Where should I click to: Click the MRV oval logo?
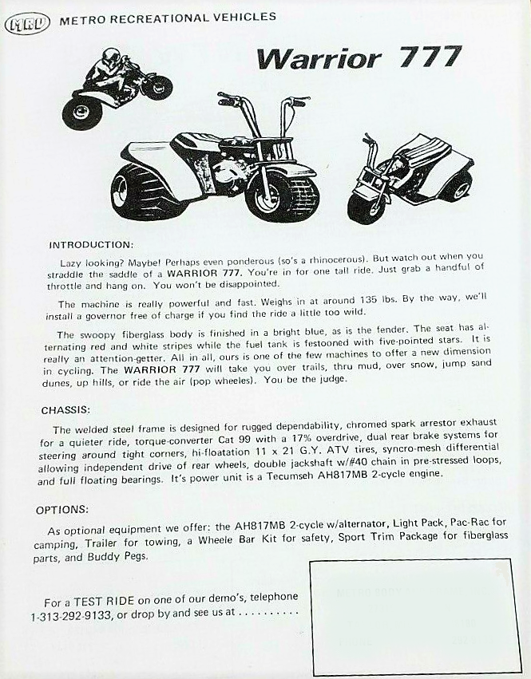click(x=26, y=22)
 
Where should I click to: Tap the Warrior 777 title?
click(x=359, y=57)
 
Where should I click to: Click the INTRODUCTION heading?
click(x=91, y=244)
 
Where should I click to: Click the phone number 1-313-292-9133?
click(x=75, y=616)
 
